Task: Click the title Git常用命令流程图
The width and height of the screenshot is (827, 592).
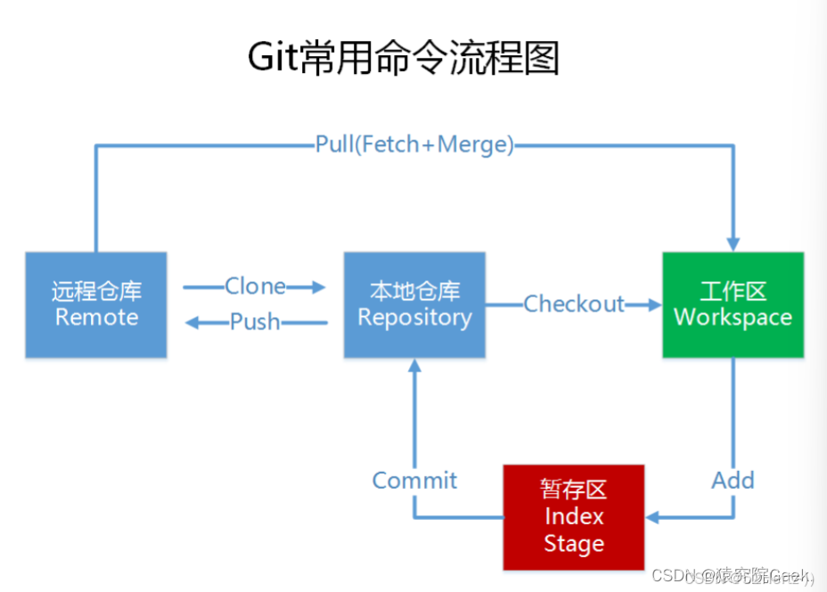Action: [403, 59]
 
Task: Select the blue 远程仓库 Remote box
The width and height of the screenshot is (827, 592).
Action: [96, 304]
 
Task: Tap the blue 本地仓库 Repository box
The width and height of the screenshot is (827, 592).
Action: [414, 304]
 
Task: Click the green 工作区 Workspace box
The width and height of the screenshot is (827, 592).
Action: [733, 304]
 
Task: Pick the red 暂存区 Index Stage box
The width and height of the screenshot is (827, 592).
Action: [573, 516]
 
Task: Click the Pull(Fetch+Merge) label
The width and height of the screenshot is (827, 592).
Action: [414, 144]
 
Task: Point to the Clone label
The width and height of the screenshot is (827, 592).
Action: [255, 286]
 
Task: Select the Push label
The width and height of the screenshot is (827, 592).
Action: [255, 321]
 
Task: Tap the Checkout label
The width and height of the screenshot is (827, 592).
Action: [574, 304]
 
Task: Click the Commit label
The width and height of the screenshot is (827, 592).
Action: [414, 481]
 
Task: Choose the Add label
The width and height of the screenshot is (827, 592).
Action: [733, 481]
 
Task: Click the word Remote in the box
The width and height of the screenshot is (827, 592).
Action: [96, 318]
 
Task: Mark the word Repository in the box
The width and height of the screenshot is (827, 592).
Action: [414, 318]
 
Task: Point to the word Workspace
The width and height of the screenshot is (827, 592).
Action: [733, 318]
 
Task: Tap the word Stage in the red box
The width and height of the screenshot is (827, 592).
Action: [573, 544]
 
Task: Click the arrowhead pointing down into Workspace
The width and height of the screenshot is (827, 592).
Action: [733, 243]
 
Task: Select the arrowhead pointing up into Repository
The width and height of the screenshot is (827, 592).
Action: [414, 367]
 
